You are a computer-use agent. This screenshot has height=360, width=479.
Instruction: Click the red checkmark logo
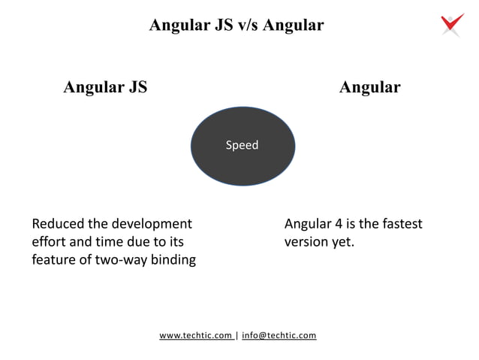coord(452,24)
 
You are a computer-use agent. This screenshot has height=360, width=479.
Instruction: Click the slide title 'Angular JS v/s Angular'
coord(236,25)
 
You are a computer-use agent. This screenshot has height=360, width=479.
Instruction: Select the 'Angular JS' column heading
coord(105,87)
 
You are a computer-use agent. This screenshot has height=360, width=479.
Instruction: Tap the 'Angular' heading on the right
coord(369,87)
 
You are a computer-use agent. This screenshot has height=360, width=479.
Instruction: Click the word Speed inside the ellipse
coord(242,145)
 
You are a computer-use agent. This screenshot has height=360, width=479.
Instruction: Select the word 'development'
coord(152,224)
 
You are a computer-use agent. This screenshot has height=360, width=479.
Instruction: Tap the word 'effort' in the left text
coord(49,242)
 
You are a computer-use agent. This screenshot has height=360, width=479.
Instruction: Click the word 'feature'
coord(55,260)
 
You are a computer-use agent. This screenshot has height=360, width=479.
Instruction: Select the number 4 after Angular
coord(338,224)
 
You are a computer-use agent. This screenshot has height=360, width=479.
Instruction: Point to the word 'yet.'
coord(343,242)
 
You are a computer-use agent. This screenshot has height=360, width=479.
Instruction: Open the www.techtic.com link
coord(196,335)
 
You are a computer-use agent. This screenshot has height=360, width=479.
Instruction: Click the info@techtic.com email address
coord(279,335)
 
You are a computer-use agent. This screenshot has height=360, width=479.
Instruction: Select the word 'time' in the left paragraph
coord(116,242)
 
